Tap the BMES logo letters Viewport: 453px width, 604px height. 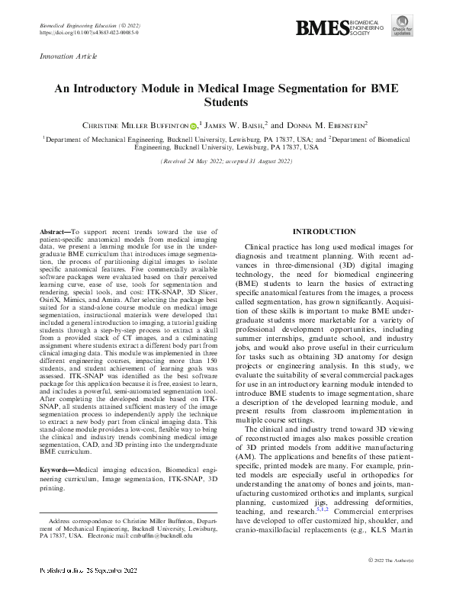[x=320, y=28]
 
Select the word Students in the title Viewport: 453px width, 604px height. [x=226, y=101]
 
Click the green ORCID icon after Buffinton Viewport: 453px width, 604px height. [x=193, y=124]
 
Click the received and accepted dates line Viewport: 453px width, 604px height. [x=226, y=162]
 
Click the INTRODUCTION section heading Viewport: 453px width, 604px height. [x=325, y=231]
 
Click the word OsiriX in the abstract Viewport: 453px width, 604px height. [x=50, y=300]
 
